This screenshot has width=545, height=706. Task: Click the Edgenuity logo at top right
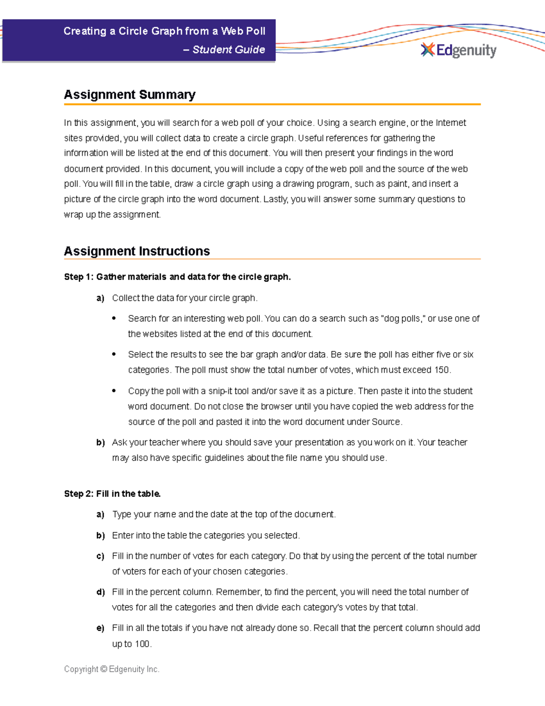(459, 50)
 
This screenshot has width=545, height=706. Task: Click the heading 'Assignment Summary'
(129, 95)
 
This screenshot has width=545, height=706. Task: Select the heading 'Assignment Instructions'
(137, 251)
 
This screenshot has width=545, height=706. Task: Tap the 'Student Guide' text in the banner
(228, 50)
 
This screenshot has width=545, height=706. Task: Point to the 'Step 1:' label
(79, 277)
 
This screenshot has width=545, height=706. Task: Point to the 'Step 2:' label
(79, 494)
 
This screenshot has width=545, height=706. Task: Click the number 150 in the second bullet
(441, 370)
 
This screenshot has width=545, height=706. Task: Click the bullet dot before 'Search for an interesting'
(114, 318)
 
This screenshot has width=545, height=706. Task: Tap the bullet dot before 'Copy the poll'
(114, 391)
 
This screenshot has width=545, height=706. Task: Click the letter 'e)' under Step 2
(100, 628)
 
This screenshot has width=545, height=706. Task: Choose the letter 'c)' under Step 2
(100, 556)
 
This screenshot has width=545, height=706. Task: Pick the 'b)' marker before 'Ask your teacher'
(100, 442)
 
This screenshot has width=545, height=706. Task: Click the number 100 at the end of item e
(142, 644)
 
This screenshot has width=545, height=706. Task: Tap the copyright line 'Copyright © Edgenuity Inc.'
(112, 669)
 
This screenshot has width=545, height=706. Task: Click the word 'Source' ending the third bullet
(386, 422)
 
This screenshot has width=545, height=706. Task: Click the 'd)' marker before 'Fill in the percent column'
(100, 592)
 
